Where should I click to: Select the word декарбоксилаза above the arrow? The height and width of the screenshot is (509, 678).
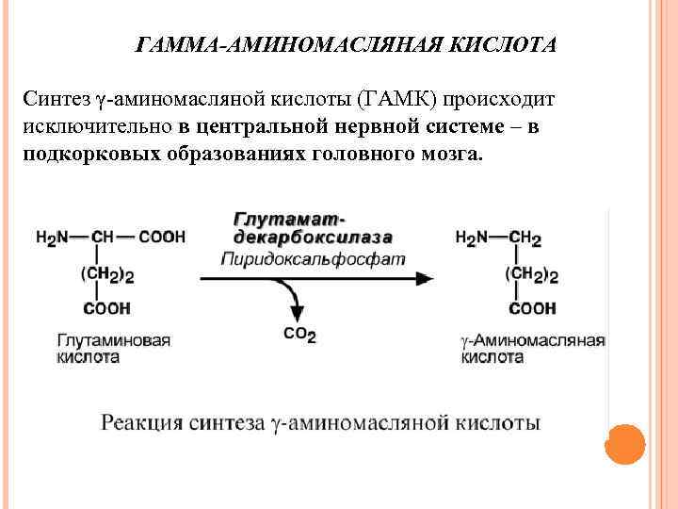tap(314, 238)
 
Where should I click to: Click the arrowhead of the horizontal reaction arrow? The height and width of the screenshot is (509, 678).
tap(425, 279)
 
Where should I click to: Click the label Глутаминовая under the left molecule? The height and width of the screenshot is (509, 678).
tap(113, 340)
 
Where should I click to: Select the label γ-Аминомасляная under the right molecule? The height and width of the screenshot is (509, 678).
tap(532, 340)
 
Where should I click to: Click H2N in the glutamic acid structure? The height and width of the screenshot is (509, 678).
tap(53, 238)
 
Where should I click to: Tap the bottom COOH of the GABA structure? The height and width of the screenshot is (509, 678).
tap(532, 308)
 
